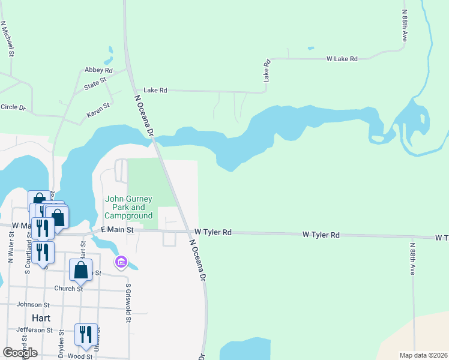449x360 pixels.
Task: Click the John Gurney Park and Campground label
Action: pos(128,207)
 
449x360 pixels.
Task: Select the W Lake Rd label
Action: pos(342,59)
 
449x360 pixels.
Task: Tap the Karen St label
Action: pos(98,109)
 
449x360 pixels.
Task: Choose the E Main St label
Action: pos(116,230)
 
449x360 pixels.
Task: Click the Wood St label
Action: pos(80,356)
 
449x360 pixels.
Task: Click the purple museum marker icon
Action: pos(121,262)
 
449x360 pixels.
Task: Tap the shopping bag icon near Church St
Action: pos(80,270)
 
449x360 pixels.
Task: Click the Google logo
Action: pos(20,352)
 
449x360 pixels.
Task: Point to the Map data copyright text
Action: pos(423,355)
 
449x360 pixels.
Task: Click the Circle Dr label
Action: pos(13,107)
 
